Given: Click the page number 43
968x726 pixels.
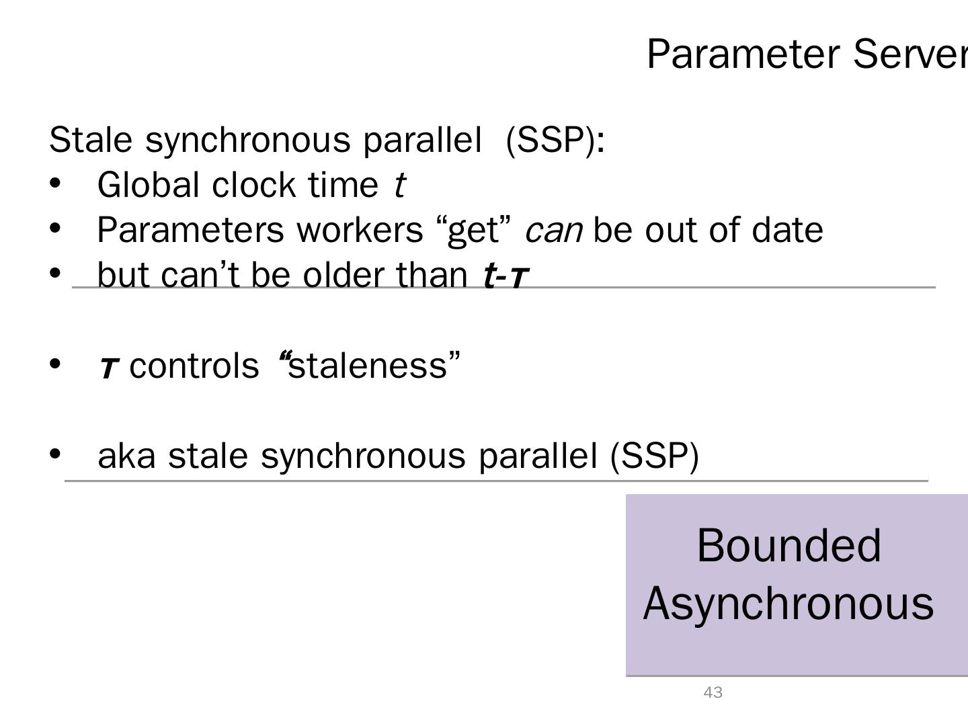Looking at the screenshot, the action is coord(713,692).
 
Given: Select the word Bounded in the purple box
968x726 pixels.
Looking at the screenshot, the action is coord(789,545).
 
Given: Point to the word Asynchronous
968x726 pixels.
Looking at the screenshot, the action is coord(789,603).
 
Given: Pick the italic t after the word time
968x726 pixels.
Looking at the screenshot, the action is coord(399,185).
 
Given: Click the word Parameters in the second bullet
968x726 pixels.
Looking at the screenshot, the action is coord(190,230).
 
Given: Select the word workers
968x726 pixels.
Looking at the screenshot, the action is coord(360,230).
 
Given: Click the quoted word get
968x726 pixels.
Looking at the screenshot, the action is coord(474,231).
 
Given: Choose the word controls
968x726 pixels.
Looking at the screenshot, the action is coord(194,366).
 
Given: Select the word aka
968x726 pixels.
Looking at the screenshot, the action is coord(126,456).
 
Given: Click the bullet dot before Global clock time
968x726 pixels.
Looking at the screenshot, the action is coord(56,184).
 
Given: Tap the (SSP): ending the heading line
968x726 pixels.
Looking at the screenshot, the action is coord(555,140).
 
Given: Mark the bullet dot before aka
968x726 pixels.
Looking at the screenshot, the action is coord(56,454).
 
